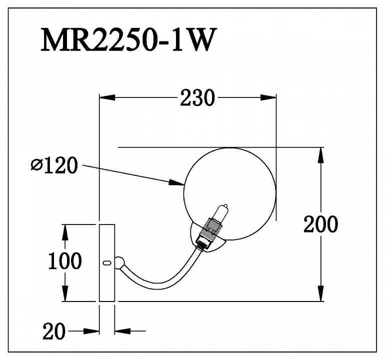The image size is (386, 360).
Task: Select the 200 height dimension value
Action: click(x=320, y=224)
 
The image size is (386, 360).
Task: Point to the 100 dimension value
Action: click(x=64, y=260)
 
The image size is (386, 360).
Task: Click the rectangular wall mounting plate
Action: click(x=106, y=263)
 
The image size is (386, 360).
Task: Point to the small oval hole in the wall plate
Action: click(x=106, y=262)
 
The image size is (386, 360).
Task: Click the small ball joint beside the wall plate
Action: click(x=120, y=262)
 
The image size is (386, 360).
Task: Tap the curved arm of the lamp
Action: click(x=160, y=282)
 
